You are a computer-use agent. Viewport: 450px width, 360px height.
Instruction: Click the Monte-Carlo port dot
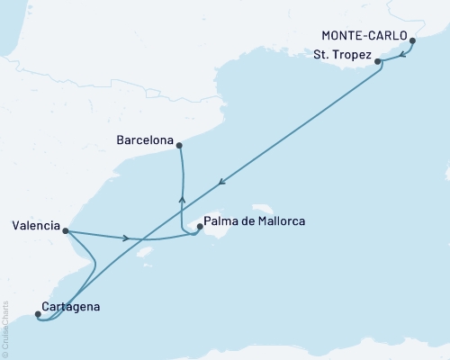tap(412, 40)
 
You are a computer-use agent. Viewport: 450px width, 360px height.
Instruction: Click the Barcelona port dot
tap(179, 145)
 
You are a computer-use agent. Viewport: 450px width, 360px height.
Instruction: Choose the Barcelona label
tap(145, 139)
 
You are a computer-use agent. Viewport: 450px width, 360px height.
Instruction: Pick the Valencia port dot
tap(66, 229)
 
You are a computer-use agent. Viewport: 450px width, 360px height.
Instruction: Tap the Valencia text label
tap(37, 224)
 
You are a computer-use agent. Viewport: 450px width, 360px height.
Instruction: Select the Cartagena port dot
tap(38, 314)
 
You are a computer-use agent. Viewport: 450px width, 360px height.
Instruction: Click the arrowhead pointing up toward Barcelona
tap(182, 201)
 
